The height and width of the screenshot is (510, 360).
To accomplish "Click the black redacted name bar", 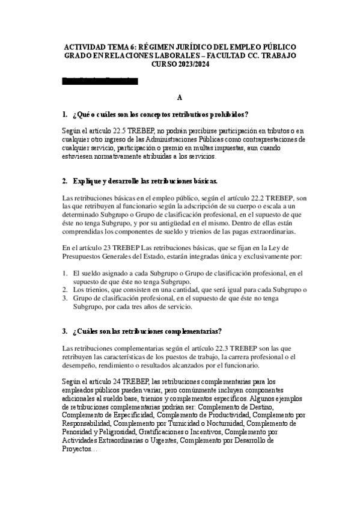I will (x=100, y=81).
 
